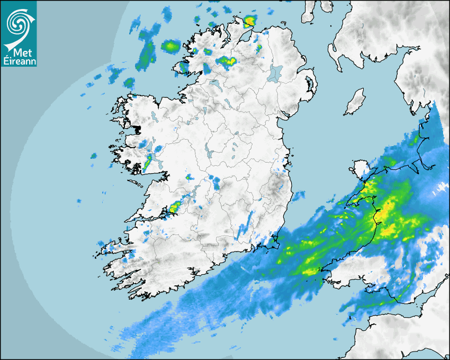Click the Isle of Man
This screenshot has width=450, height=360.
[x=355, y=102]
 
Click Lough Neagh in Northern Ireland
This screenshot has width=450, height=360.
[x=276, y=73]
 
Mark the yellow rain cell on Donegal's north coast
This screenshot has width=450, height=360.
[x=249, y=21]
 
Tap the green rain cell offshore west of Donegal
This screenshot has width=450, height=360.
[x=170, y=46]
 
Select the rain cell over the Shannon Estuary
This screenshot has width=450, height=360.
[x=175, y=208]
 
